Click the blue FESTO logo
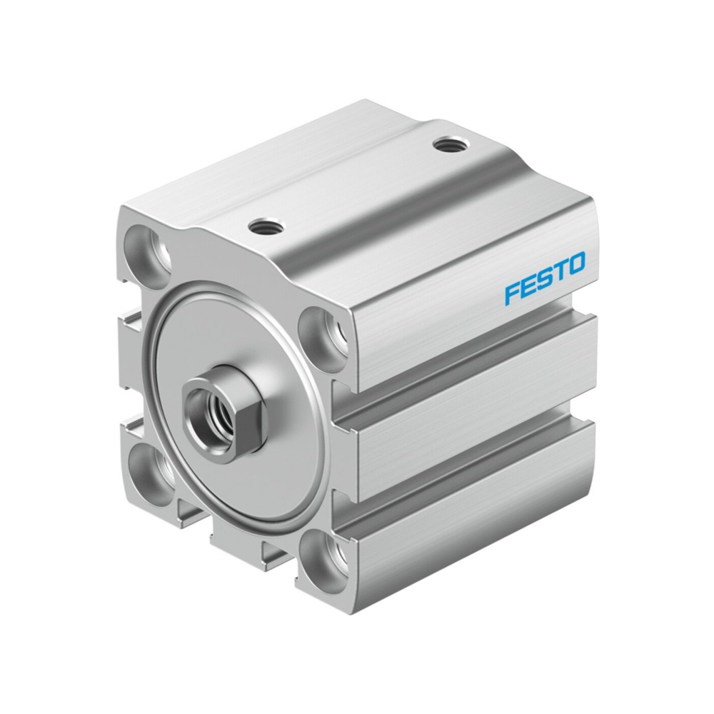coord(545,277)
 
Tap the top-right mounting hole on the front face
coord(323,333)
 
